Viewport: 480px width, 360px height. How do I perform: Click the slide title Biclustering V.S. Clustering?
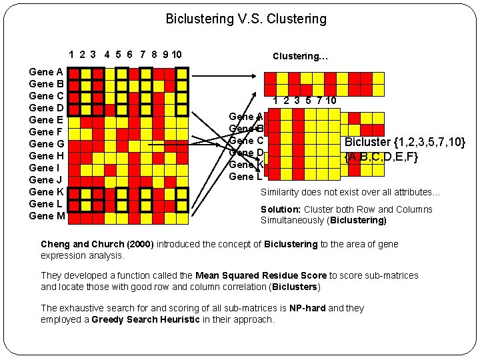tap(246, 19)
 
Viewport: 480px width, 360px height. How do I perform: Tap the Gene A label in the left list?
tap(47, 72)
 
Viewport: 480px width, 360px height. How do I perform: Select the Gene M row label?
tap(47, 216)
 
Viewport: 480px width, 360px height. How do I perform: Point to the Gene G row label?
tap(47, 144)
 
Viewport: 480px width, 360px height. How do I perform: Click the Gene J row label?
tap(47, 180)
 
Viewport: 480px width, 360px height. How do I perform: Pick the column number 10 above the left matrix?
tap(177, 54)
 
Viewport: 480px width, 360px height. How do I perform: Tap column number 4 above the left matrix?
tap(107, 54)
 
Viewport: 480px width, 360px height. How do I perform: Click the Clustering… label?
tap(300, 56)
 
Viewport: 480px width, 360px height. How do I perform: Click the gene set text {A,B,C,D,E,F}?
tap(381, 157)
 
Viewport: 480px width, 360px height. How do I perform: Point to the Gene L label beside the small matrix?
tap(245, 177)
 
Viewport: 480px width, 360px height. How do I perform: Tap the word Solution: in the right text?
tap(281, 209)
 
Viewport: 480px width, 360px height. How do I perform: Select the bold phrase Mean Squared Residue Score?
tap(261, 275)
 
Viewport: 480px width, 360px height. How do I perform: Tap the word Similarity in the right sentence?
tap(280, 192)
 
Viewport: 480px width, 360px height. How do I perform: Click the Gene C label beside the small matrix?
tap(246, 141)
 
